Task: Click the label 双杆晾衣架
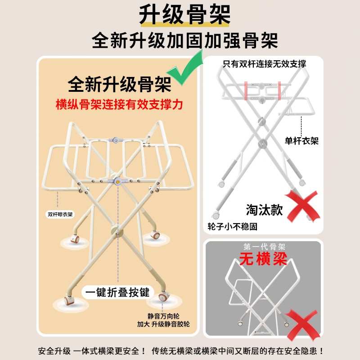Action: (x=60, y=215)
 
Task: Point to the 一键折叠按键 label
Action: (x=118, y=292)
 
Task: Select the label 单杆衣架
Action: (x=302, y=141)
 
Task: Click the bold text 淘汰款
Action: (x=265, y=210)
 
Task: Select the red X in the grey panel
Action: (x=303, y=323)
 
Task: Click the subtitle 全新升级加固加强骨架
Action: (x=184, y=41)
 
